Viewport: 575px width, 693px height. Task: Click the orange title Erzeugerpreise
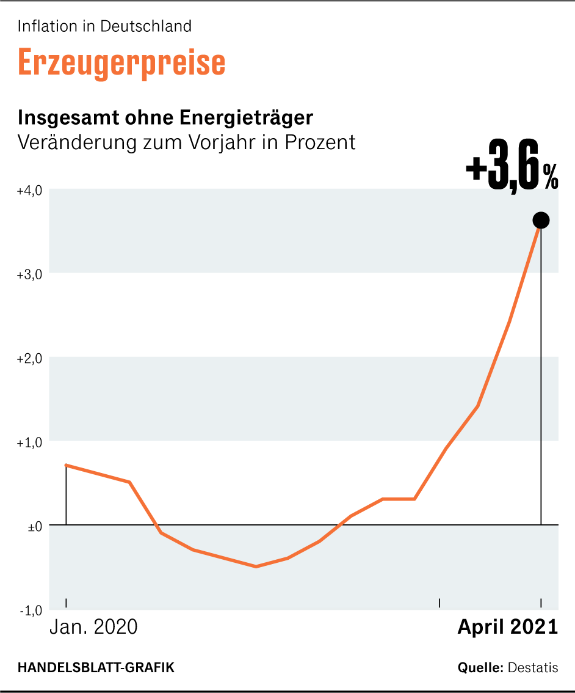(121, 61)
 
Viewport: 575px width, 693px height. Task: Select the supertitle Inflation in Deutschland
(104, 26)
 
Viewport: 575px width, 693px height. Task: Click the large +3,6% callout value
(512, 173)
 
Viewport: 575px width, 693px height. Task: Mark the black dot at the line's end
(541, 220)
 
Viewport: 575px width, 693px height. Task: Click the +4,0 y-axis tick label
(29, 191)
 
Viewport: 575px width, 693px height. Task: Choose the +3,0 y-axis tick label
(29, 274)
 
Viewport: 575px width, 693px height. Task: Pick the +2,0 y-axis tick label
(29, 358)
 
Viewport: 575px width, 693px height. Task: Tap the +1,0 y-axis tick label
(29, 442)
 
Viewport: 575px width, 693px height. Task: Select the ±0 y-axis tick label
(34, 526)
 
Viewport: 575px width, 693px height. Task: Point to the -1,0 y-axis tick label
(31, 610)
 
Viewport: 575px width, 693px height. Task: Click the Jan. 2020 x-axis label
(93, 628)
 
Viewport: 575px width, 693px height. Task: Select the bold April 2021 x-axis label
(508, 628)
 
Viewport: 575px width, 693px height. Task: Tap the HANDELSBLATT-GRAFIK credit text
(96, 667)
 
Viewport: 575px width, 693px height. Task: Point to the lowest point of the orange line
(256, 566)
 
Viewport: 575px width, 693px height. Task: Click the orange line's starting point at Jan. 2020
(66, 465)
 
